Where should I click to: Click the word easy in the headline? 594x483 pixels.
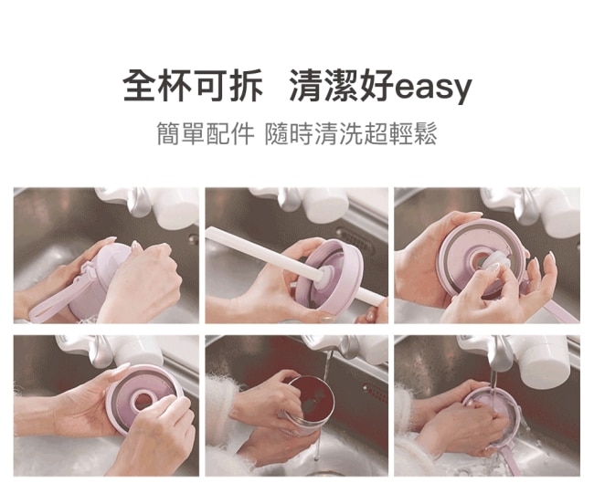[433, 89]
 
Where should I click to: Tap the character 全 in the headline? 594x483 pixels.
[140, 85]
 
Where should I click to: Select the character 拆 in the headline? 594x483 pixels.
[247, 85]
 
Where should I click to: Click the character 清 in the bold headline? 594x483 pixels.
[306, 85]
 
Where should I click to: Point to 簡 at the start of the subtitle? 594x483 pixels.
[168, 133]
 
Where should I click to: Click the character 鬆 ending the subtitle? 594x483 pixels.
[425, 133]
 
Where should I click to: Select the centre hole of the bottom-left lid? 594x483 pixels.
[143, 400]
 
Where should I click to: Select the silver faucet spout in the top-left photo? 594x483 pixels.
[138, 202]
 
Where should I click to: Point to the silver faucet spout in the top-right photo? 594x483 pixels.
[526, 206]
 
